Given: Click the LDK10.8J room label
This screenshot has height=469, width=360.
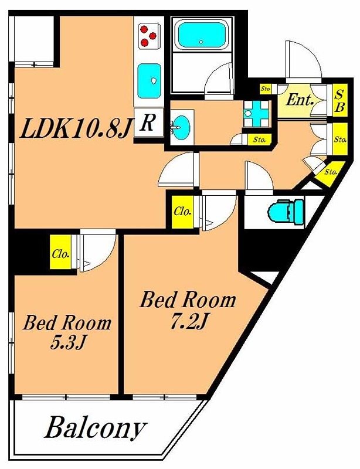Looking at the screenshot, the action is (x=76, y=127).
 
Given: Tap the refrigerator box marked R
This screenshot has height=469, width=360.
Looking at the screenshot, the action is (x=148, y=123).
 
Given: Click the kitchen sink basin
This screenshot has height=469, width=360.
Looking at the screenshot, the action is (x=149, y=81).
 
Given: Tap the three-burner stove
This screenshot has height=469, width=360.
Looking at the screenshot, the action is (x=148, y=36).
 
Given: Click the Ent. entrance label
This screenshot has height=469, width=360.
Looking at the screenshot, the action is (x=299, y=100).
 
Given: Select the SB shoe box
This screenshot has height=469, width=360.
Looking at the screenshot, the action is (x=340, y=101).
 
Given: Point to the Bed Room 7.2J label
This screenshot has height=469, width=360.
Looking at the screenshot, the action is (x=188, y=310).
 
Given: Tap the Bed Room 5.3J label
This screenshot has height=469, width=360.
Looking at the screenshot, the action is (x=67, y=332).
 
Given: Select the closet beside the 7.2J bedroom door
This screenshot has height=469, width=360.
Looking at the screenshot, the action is (x=182, y=211).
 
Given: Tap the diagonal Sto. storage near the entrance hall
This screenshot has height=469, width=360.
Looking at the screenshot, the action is (x=329, y=174).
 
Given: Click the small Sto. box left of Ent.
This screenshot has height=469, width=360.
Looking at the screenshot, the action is (x=266, y=89).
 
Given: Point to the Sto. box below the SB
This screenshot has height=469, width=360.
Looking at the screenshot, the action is (x=340, y=139).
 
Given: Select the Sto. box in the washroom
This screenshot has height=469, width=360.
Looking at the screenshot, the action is (x=259, y=139).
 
